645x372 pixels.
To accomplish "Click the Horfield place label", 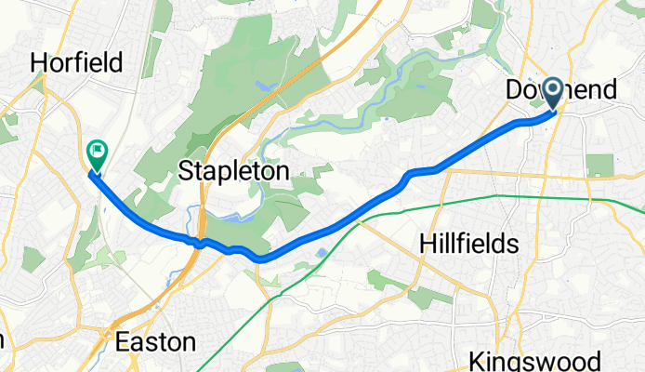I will (77, 63).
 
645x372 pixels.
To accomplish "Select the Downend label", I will (560, 90).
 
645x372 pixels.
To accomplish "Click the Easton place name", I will (155, 342).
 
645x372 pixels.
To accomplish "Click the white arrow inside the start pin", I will (552, 89).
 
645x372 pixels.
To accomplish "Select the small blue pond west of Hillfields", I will (321, 252).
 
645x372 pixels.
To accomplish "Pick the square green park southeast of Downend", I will (599, 166).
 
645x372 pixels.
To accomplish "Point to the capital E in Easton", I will (123, 342).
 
